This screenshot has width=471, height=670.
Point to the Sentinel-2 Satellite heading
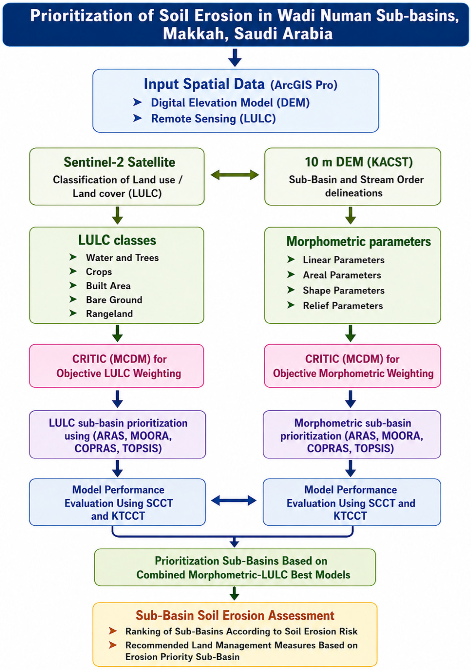[x=119, y=162]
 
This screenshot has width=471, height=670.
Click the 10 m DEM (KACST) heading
[x=359, y=162]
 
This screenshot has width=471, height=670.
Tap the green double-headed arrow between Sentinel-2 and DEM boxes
[x=235, y=175]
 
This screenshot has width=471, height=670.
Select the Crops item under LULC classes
[x=99, y=272]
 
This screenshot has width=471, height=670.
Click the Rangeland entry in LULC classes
[x=109, y=314]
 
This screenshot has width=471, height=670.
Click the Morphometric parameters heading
[x=359, y=242]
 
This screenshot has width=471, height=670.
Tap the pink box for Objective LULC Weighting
[x=117, y=366]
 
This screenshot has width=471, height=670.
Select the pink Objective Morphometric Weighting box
[x=352, y=366]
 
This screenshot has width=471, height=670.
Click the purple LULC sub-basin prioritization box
[x=118, y=434]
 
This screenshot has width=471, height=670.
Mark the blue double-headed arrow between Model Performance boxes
[x=234, y=501]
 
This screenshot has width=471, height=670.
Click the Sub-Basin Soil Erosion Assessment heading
[x=235, y=615]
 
